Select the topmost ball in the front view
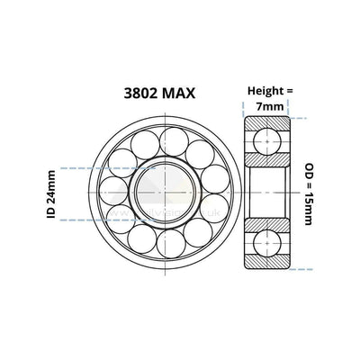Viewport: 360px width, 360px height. click(x=174, y=139)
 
